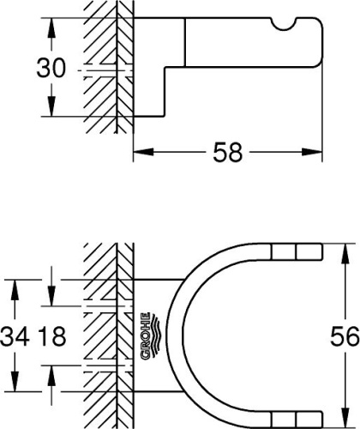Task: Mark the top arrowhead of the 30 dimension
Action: [x=51, y=24]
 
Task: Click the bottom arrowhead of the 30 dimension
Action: [x=51, y=112]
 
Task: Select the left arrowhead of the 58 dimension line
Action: [x=141, y=154]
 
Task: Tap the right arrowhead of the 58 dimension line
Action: [x=316, y=154]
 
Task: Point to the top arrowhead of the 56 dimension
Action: [x=345, y=250]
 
